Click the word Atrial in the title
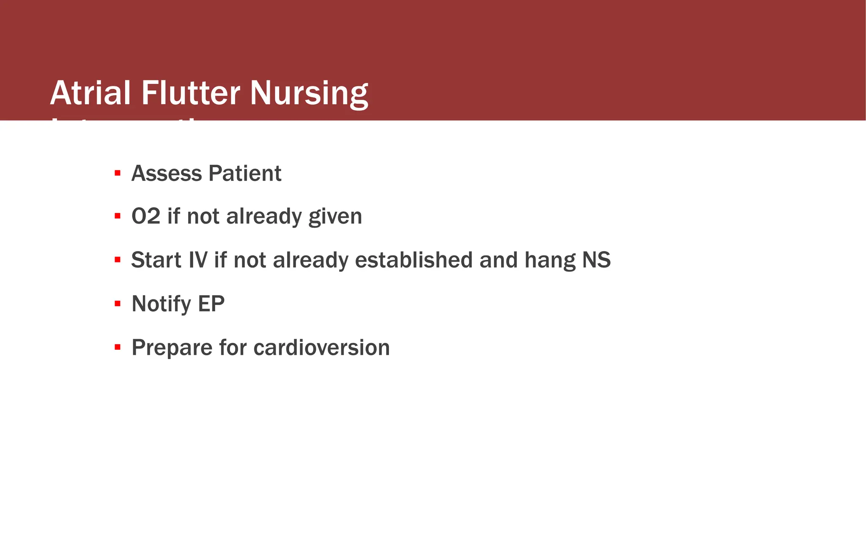[90, 93]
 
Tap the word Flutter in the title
[191, 93]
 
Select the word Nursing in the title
[309, 94]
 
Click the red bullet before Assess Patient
[118, 173]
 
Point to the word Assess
[167, 174]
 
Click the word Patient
[245, 174]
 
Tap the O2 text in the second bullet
[146, 216]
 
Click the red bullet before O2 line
[118, 216]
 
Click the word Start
[156, 260]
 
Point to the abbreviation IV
[198, 260]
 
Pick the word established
[414, 260]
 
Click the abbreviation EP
[211, 304]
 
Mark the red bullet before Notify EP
[118, 304]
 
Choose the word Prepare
[172, 348]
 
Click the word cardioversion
[321, 348]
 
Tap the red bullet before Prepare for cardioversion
[118, 348]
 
